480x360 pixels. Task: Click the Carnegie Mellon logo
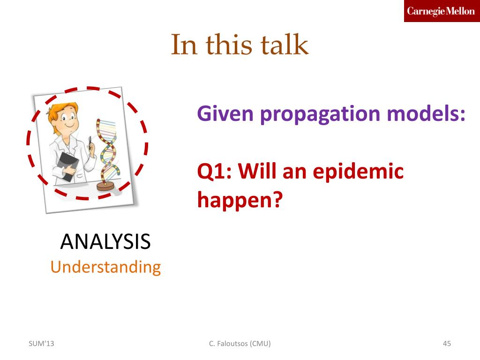pos(442,11)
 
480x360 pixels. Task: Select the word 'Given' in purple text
pos(225,113)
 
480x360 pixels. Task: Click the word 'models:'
pos(426,113)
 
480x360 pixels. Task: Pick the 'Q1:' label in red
pos(215,171)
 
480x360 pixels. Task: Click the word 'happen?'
pos(240,200)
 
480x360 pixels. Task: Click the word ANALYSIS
pos(105,241)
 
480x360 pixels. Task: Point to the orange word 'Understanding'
pos(105,267)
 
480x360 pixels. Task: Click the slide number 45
pos(447,344)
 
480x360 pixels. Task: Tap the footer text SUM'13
pos(41,344)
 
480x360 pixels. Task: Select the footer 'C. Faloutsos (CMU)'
pos(240,344)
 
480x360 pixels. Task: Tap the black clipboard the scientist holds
pos(68,166)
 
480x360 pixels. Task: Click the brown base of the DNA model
pos(105,186)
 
